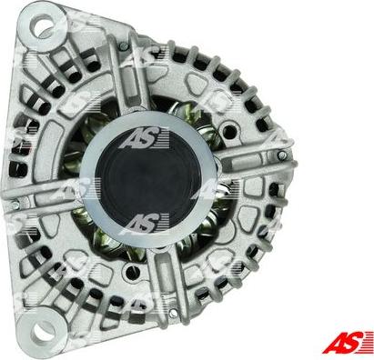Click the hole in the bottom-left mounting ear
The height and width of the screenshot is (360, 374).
click(x=40, y=331)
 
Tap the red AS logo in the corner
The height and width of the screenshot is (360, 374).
click(x=348, y=342)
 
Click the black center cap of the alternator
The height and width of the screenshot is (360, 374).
click(x=147, y=179)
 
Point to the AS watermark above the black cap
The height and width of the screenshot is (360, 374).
click(x=145, y=139)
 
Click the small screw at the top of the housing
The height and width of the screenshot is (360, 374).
click(x=123, y=46)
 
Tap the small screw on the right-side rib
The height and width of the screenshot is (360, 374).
click(x=282, y=155)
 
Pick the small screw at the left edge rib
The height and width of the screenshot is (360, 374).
click(x=15, y=205)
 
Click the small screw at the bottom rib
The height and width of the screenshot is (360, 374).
click(x=173, y=313)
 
